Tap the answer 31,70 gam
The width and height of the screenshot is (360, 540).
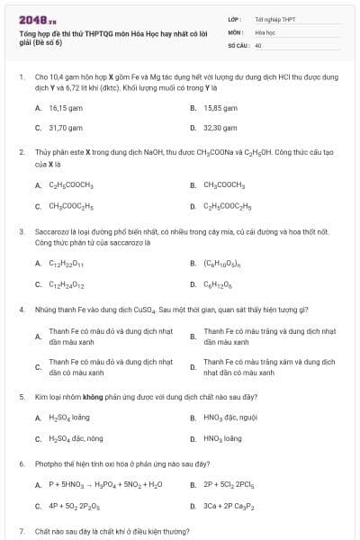(x=65, y=129)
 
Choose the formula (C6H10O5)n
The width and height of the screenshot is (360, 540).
(x=222, y=264)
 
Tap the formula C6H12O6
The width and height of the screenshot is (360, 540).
(x=217, y=284)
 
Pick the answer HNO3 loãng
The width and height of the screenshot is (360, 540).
(x=222, y=438)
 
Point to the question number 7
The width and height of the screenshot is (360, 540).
(x=22, y=532)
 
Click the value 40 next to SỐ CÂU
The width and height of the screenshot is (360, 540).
(x=258, y=44)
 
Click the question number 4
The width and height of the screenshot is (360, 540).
(x=22, y=309)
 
